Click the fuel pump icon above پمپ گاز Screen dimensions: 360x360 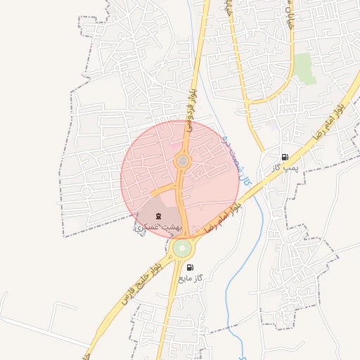point(284,157)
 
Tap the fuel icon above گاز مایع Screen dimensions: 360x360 point(190,267)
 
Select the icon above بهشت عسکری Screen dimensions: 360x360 point(158,215)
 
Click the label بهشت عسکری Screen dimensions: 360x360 point(158,227)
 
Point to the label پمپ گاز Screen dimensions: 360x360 point(286,168)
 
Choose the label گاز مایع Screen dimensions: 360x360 point(190,278)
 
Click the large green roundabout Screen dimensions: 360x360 point(182,248)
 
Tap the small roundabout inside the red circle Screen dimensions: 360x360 point(182,162)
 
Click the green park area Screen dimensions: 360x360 point(304,68)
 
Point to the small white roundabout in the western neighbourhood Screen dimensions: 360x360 point(87,191)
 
